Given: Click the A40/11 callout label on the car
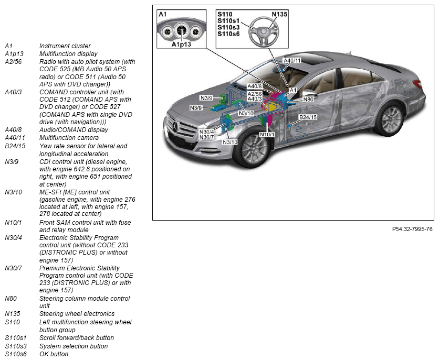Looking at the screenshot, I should click(x=292, y=61).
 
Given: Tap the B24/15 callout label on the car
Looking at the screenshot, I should click(x=308, y=117).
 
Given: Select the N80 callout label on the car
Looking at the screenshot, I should click(x=308, y=99).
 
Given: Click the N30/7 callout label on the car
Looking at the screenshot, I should click(x=206, y=137).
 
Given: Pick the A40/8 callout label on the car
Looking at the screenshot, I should click(x=255, y=86).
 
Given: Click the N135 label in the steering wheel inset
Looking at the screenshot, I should click(x=279, y=14).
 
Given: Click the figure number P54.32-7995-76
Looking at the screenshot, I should click(x=412, y=229).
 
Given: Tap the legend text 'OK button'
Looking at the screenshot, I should click(x=54, y=354).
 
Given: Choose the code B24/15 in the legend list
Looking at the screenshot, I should click(x=15, y=146).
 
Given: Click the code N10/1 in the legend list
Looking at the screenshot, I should click(x=13, y=222).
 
